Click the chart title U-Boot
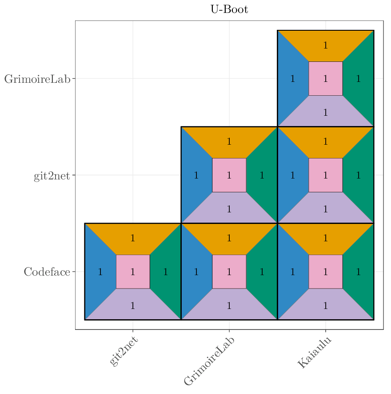click(x=229, y=9)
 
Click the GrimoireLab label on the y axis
click(x=37, y=79)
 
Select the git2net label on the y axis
click(x=52, y=175)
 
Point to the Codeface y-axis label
click(x=47, y=272)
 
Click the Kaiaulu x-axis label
click(x=314, y=353)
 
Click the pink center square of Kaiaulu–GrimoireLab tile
click(x=326, y=79)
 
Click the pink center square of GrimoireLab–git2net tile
click(x=229, y=175)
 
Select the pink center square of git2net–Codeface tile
click(x=133, y=272)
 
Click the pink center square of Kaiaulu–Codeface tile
click(x=326, y=272)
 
